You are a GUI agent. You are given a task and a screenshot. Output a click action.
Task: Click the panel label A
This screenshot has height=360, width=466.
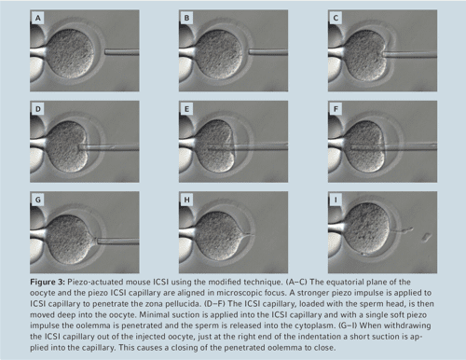[37, 18]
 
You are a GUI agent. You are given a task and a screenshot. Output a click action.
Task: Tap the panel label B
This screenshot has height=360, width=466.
[186, 18]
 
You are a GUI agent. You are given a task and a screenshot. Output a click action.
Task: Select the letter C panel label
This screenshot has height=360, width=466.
[336, 18]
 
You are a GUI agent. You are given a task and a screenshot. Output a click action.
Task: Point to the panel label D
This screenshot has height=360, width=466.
[37, 108]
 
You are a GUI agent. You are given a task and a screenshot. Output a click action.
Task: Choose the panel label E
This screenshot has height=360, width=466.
[186, 108]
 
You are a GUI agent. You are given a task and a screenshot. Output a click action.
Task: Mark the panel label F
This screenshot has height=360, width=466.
[336, 108]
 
